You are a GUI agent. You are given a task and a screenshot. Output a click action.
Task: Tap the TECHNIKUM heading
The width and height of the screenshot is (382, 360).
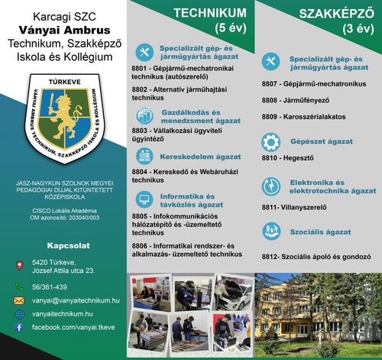point(209,13)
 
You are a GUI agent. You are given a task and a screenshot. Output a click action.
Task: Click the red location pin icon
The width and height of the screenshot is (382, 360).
point(19,265)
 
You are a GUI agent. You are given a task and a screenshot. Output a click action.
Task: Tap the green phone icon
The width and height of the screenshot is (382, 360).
point(19,287)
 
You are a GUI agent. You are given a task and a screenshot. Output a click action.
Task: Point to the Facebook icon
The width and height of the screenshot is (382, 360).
point(19,326)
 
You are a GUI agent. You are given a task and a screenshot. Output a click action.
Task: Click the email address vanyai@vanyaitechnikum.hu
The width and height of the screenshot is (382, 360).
point(76,301)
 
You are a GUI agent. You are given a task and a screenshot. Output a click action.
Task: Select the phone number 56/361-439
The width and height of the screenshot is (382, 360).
point(50,287)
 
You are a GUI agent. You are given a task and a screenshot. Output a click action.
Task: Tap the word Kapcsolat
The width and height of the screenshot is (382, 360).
point(63,247)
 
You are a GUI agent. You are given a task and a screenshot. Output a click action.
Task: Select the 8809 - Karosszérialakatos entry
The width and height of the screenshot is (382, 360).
point(303,116)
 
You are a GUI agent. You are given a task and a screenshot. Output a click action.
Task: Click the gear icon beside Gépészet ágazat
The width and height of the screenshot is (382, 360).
point(271,141)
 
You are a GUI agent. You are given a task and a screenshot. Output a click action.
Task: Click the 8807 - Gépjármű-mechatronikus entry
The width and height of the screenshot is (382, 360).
point(309,83)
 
